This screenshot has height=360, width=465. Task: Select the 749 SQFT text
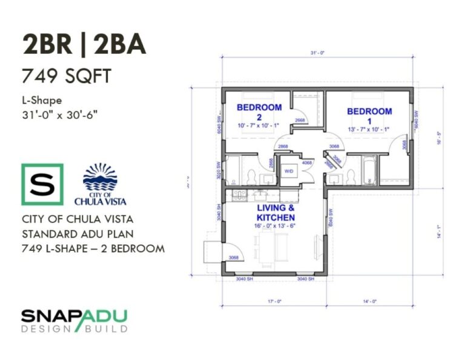pos(67,76)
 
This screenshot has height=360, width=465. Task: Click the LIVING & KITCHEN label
pos(275,213)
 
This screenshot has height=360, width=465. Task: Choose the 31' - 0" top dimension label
pos(318,53)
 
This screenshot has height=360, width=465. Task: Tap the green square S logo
pos(42,184)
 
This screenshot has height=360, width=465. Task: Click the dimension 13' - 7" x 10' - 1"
pos(369,128)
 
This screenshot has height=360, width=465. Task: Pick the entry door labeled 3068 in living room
pos(233,258)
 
